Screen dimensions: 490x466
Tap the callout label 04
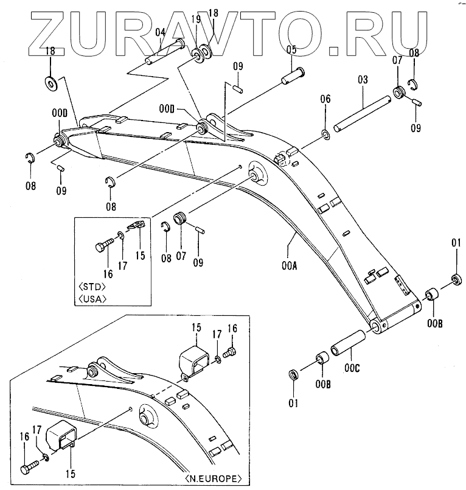[161, 32]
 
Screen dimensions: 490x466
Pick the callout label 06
[325, 99]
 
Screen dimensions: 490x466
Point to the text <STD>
[93, 286]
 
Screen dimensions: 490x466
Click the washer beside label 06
[325, 133]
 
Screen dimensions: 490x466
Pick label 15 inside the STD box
[140, 256]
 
